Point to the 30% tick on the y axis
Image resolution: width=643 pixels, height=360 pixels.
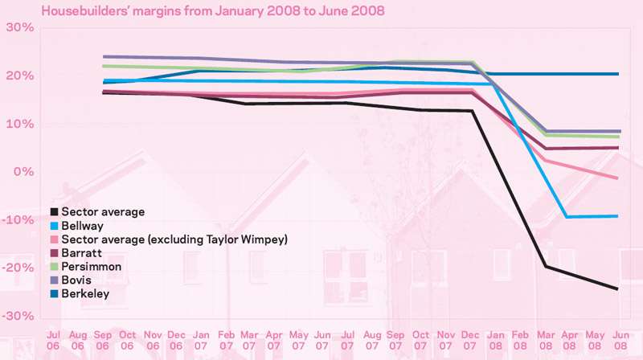pos(20,27)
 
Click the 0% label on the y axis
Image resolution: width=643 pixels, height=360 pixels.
pos(23,172)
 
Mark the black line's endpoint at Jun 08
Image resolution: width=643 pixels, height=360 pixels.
pos(616,289)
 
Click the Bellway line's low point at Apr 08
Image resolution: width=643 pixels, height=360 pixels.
pos(568,217)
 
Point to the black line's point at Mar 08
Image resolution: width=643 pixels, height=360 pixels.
pos(544,266)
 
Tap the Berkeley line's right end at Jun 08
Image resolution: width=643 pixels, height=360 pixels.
pos(616,74)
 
